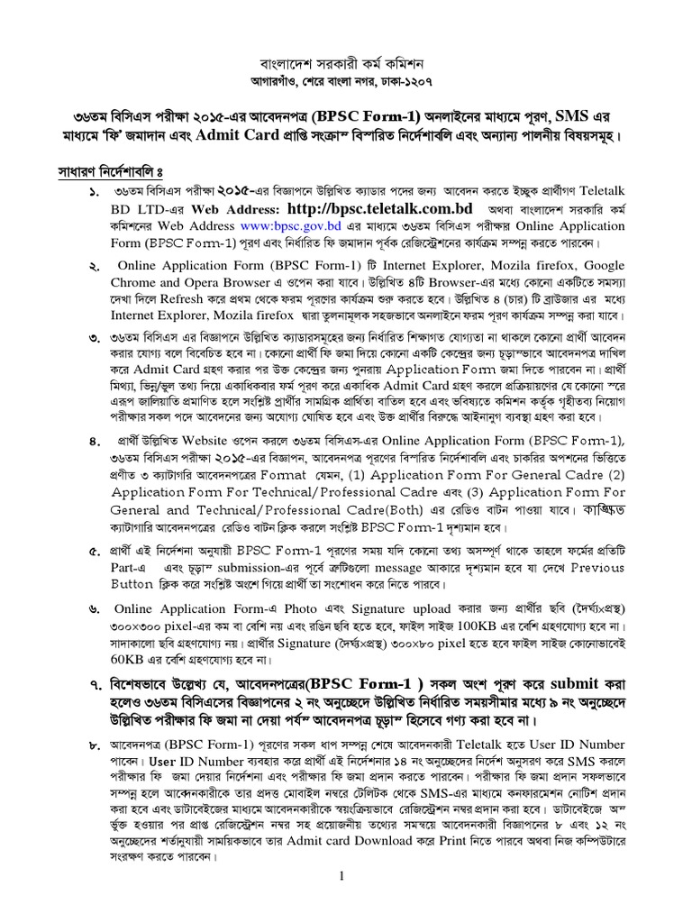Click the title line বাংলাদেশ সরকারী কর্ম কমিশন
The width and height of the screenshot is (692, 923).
tap(346, 66)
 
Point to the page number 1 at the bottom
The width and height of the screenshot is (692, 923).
tap(342, 876)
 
